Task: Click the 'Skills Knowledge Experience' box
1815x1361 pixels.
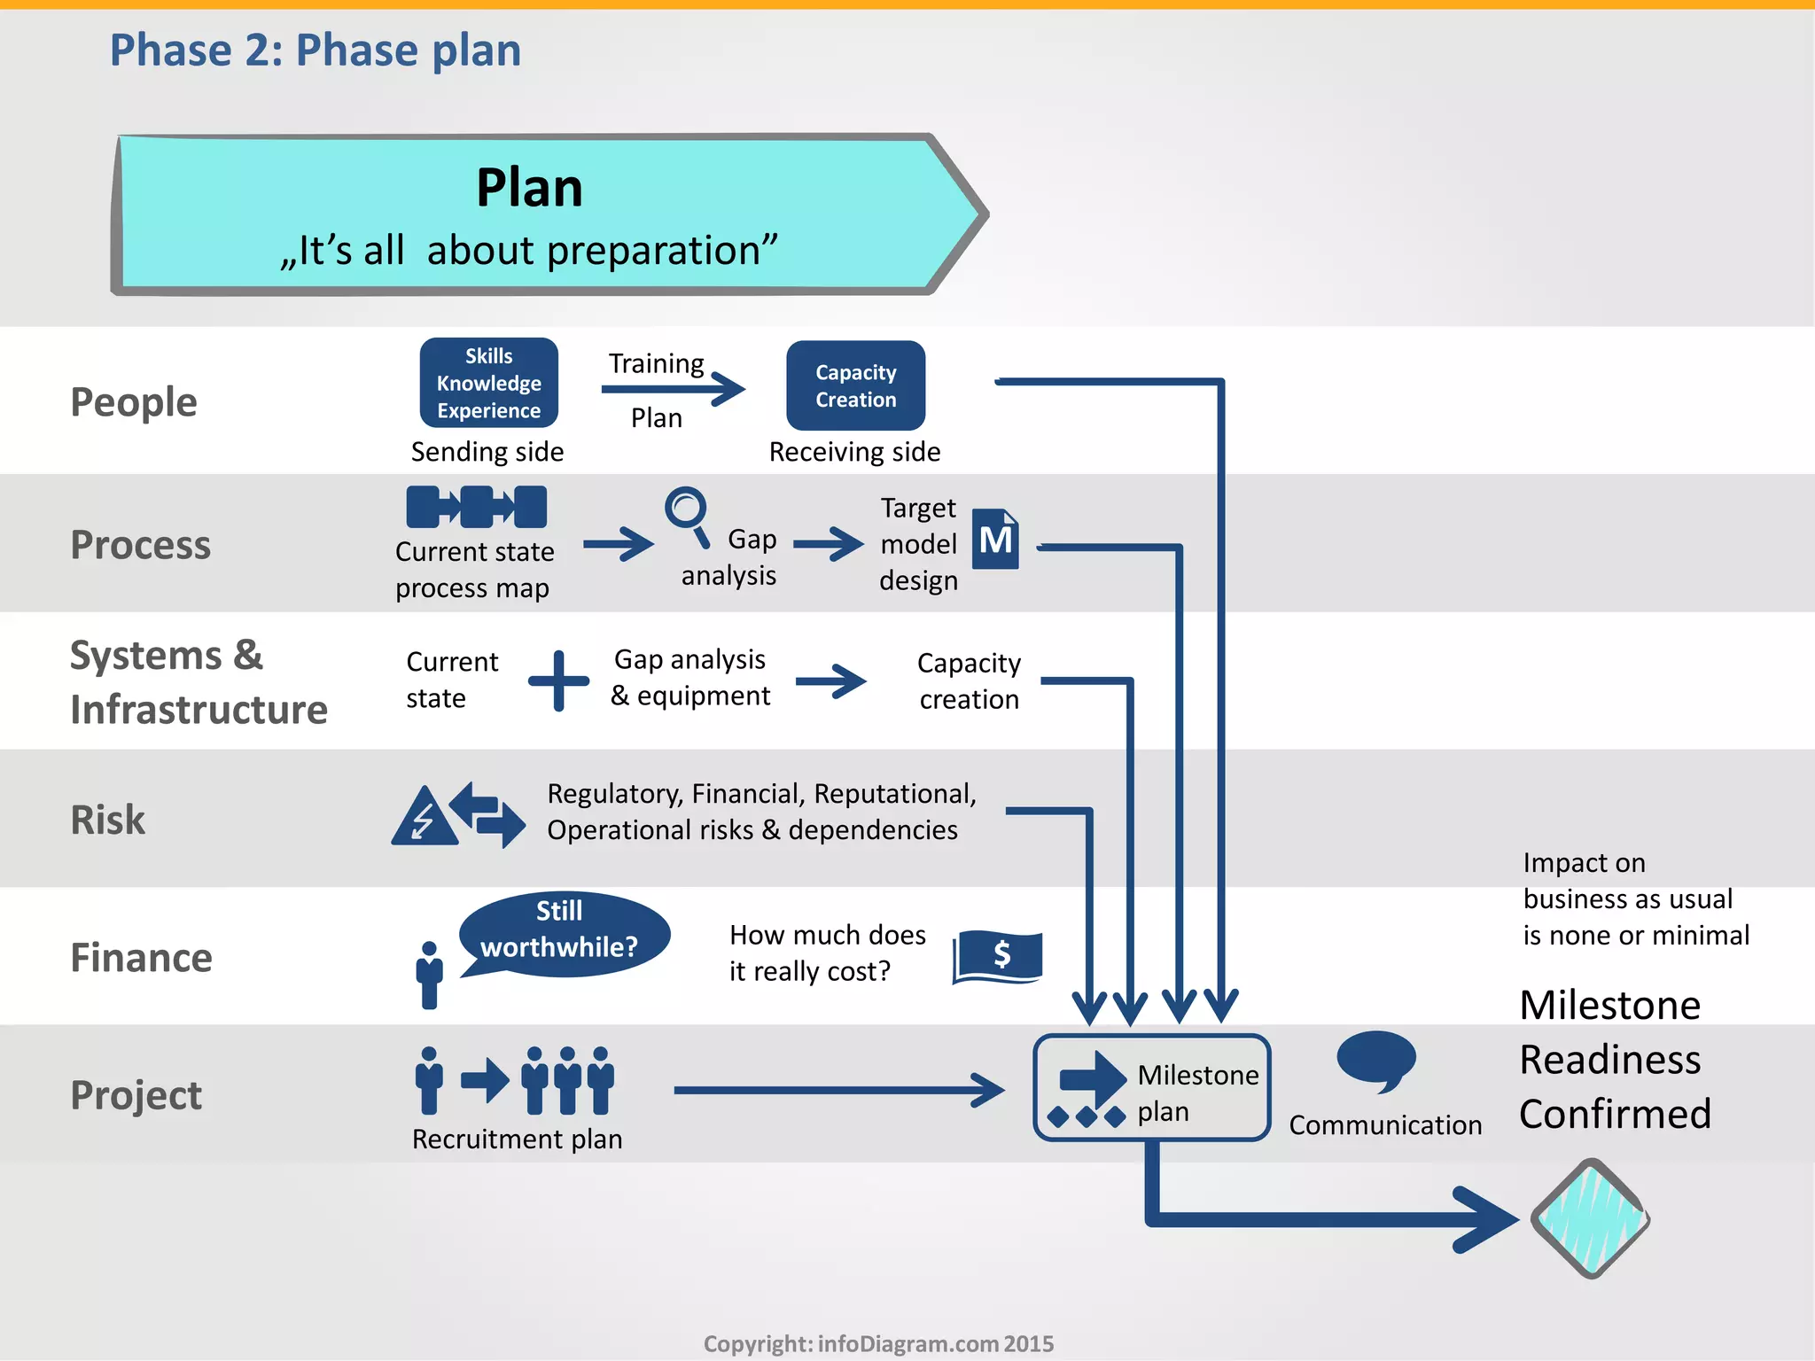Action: pyautogui.click(x=488, y=383)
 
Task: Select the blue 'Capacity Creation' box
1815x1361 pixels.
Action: pyautogui.click(x=855, y=385)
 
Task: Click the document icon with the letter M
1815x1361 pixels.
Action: pyautogui.click(x=995, y=539)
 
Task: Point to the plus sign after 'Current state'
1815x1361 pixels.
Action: pyautogui.click(x=558, y=680)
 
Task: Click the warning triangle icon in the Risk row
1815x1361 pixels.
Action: pyautogui.click(x=425, y=816)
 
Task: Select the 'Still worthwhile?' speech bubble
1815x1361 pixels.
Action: pyautogui.click(x=564, y=932)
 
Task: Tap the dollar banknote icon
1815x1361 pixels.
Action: pyautogui.click(x=998, y=956)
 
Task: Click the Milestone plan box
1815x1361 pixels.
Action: pyautogui.click(x=1151, y=1088)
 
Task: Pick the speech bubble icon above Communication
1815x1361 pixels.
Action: pyautogui.click(x=1376, y=1059)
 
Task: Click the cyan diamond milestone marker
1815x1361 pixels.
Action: pyautogui.click(x=1591, y=1218)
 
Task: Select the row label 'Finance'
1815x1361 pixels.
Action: pyautogui.click(x=142, y=958)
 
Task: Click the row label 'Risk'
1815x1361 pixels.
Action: pyautogui.click(x=108, y=820)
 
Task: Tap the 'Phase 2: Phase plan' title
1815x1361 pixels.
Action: pyautogui.click(x=315, y=50)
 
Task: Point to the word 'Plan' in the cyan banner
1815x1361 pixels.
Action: pyautogui.click(x=529, y=188)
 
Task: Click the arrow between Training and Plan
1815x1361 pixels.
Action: pyautogui.click(x=674, y=389)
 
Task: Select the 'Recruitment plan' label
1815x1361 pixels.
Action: pyautogui.click(x=517, y=1139)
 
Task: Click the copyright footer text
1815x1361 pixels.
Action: pyautogui.click(x=878, y=1343)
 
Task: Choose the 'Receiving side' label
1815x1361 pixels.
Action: pyautogui.click(x=854, y=452)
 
